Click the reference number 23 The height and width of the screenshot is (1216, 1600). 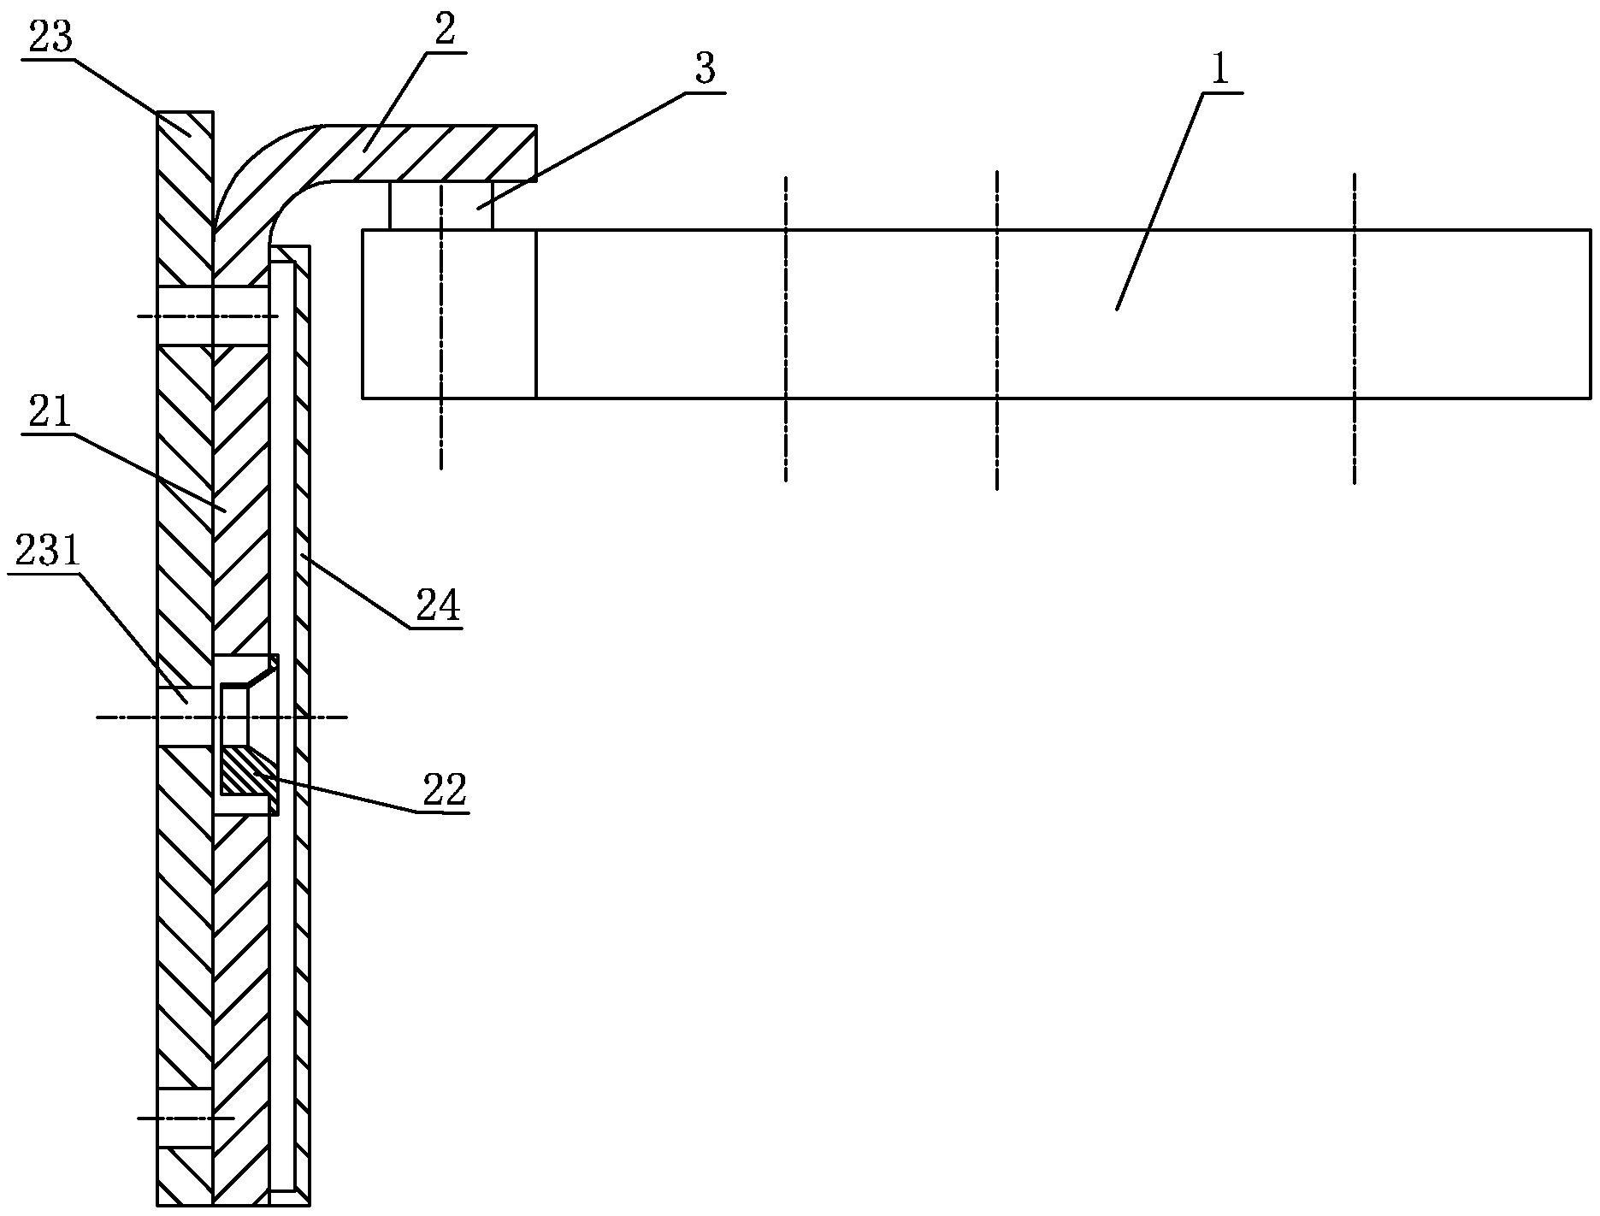(50, 38)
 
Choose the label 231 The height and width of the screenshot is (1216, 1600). (47, 553)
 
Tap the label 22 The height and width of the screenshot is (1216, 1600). (446, 790)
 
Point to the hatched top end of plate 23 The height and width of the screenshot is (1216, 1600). (184, 137)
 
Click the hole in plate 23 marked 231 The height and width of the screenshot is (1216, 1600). (184, 717)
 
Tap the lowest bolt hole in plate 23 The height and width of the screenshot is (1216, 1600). (184, 1117)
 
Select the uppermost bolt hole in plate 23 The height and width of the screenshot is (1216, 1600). (184, 316)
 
